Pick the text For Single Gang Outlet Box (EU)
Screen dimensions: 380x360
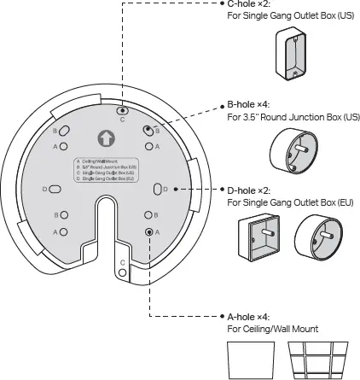290,203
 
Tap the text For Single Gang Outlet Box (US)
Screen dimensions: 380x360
290,15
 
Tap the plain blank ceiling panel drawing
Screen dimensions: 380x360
250,360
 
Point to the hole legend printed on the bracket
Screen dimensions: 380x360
105,169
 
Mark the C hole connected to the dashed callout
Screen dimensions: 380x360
124,110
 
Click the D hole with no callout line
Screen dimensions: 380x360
54,189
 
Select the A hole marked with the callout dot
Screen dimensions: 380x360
149,231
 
